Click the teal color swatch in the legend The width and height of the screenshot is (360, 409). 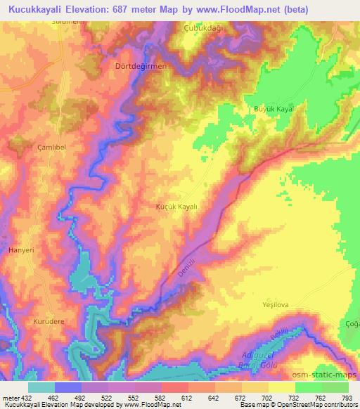tap(41, 387)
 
